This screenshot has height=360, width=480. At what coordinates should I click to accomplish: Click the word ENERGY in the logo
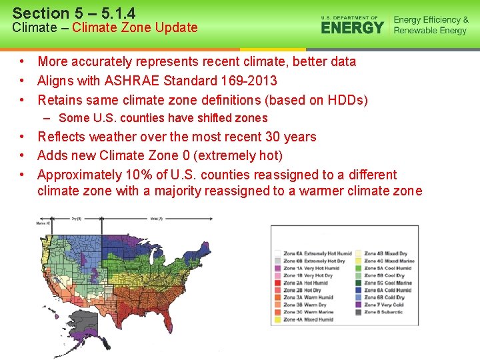[352, 28]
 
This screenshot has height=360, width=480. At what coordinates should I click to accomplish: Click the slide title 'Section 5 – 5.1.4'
[73, 13]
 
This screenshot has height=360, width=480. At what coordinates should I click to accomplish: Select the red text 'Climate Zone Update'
[135, 28]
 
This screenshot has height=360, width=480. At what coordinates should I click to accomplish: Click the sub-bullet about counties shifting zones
[163, 118]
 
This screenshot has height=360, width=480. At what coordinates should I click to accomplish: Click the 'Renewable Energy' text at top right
[430, 31]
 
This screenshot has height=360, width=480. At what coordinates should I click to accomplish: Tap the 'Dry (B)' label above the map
[77, 219]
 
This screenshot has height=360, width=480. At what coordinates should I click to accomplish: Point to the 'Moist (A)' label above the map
[155, 219]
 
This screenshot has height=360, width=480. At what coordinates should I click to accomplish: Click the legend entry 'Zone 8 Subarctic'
[384, 312]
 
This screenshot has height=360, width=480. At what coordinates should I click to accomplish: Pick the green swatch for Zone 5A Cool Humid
[359, 268]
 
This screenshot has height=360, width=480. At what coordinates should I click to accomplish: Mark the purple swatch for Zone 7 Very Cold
[359, 305]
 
